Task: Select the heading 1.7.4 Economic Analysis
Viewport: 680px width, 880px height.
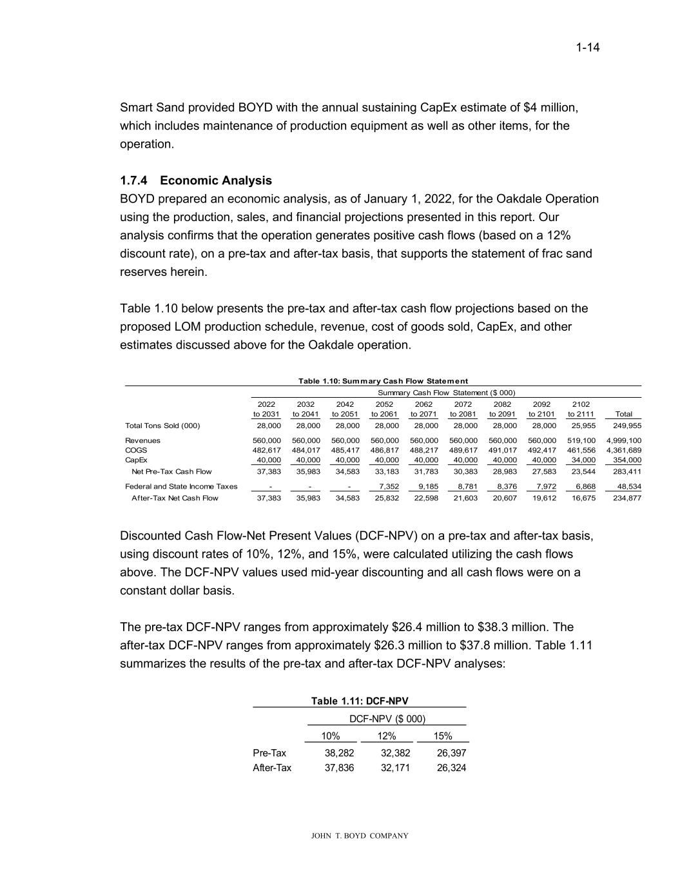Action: coord(196,181)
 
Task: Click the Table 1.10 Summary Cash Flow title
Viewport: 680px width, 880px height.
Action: coord(383,381)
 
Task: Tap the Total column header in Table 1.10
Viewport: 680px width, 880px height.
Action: coord(624,414)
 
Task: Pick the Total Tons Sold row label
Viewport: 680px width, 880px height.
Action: coord(162,426)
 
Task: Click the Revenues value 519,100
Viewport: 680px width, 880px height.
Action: coord(581,441)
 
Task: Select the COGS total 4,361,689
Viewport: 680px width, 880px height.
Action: coord(624,450)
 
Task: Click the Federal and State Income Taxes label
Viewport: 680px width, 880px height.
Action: coord(181,487)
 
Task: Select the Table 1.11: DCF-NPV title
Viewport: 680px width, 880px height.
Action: coord(360,701)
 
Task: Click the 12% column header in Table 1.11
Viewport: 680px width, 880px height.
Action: coord(387,736)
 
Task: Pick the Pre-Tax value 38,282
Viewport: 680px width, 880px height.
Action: coord(340,753)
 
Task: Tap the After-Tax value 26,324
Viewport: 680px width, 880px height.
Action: coord(451,768)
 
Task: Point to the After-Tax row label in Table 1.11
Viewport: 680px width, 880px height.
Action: coord(272,768)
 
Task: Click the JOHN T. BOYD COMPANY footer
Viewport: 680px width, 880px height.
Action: coord(360,836)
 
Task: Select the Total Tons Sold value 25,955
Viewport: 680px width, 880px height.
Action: coord(581,426)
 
